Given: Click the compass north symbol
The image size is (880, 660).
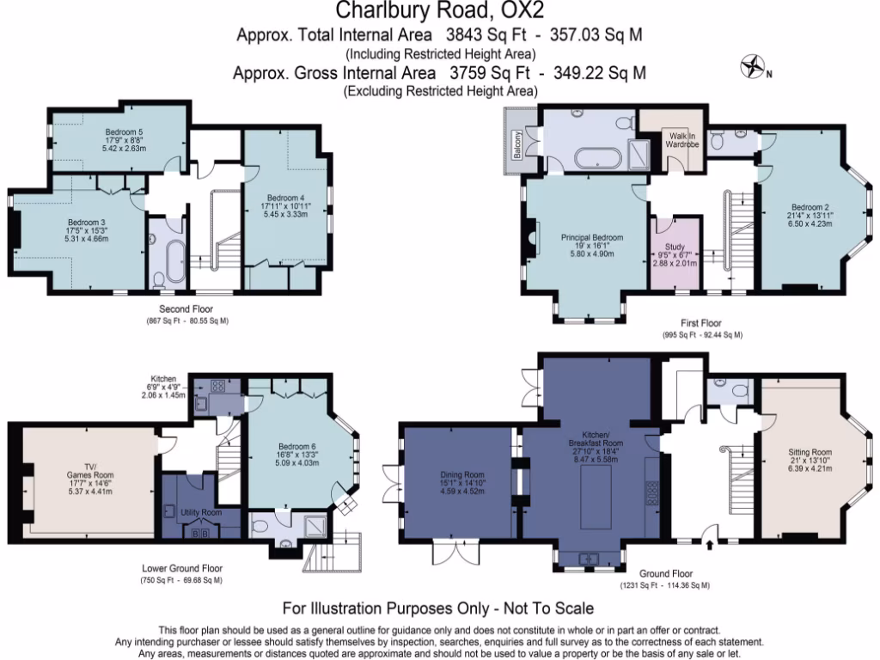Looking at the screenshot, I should (754, 67).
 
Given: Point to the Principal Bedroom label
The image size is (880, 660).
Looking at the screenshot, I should (592, 237).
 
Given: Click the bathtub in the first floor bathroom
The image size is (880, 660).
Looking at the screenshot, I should (594, 158).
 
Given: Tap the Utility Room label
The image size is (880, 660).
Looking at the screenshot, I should (200, 512).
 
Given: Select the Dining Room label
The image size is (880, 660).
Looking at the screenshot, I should (461, 474).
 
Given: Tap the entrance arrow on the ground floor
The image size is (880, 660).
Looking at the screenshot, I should (709, 543).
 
